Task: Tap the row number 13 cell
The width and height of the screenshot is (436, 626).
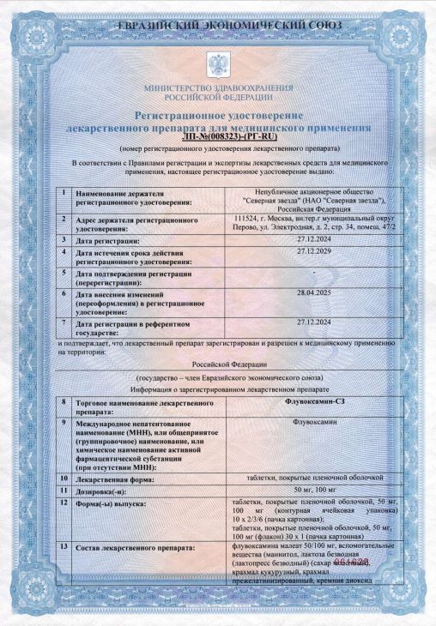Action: [64, 546]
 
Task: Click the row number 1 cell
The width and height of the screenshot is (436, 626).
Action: [64, 193]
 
